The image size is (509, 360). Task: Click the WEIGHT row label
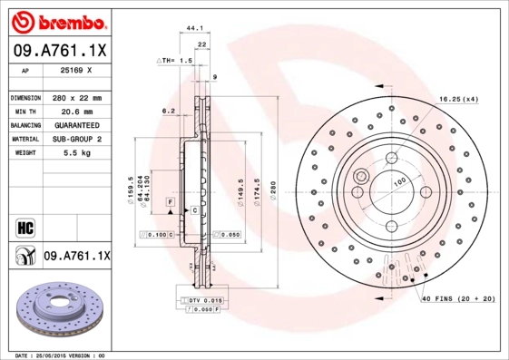point(24,154)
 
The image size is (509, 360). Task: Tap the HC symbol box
point(24,223)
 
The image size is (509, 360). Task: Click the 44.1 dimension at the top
point(193,28)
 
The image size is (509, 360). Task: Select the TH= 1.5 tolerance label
point(176,60)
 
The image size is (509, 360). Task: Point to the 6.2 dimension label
point(168,111)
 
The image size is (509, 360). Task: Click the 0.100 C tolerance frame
point(155,235)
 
